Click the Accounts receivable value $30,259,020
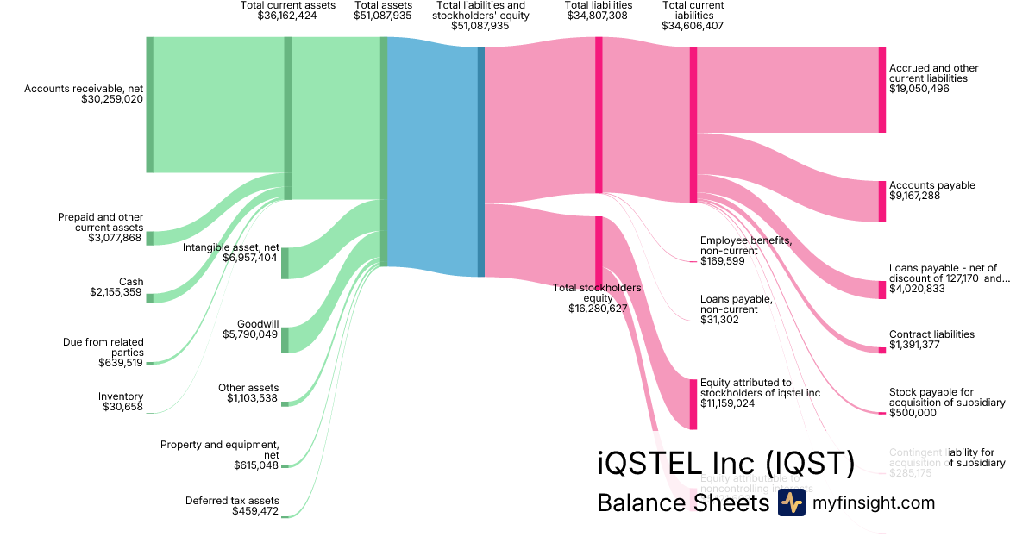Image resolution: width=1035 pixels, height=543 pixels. [x=112, y=99]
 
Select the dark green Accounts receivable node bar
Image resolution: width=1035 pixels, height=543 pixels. [x=149, y=104]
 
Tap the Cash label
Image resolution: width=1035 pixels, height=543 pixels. [x=131, y=282]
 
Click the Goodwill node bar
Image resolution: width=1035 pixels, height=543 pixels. [x=285, y=340]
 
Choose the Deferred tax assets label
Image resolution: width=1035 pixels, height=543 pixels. [x=232, y=501]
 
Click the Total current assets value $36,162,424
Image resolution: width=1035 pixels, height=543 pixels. [x=287, y=16]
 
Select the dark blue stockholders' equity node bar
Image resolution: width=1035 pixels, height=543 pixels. [x=481, y=161]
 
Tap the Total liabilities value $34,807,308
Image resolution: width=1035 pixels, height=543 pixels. [x=599, y=16]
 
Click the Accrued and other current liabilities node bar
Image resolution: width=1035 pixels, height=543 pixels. [x=881, y=90]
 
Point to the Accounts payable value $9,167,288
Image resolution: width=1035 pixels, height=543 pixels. [x=914, y=196]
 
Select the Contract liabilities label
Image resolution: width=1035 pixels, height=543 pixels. [x=931, y=334]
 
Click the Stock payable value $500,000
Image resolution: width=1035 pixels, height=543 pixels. [x=913, y=413]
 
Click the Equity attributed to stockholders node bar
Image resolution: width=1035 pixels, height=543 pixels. [x=693, y=403]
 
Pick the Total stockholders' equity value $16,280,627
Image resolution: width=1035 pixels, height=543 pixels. [x=598, y=308]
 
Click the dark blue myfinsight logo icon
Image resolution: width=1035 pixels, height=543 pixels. [x=791, y=502]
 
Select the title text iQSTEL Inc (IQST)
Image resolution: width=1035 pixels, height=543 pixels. [x=725, y=464]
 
